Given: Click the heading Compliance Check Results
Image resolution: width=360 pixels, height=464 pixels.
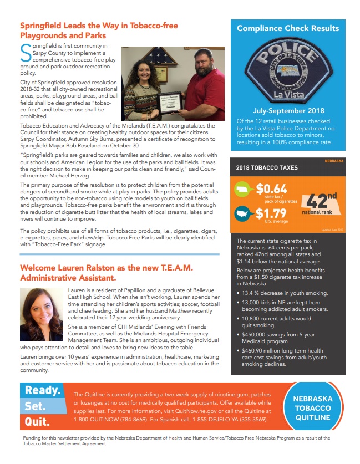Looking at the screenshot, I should click(x=287, y=28).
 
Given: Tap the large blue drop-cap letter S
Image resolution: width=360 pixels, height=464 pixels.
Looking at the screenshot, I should click(x=26, y=53).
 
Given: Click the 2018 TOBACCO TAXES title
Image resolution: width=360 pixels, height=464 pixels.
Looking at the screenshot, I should click(x=267, y=167).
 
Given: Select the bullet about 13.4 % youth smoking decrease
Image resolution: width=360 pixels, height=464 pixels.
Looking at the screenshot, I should click(x=284, y=293).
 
